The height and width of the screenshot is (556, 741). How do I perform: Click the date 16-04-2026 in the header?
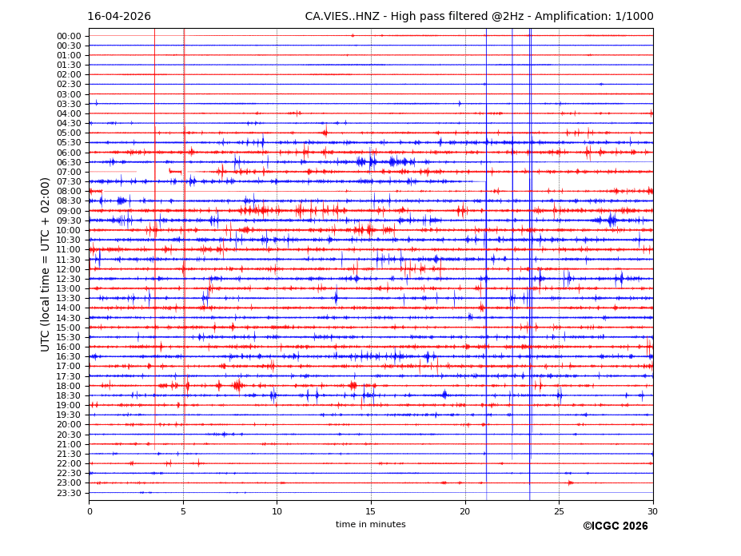tap(119, 16)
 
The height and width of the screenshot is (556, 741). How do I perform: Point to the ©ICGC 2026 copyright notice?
tap(615, 526)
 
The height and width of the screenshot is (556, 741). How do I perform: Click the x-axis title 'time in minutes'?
tap(370, 524)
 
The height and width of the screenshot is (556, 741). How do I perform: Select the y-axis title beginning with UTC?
tap(46, 264)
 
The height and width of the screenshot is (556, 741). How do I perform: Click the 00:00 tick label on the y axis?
tap(69, 36)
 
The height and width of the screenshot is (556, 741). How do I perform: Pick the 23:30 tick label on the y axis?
tap(69, 493)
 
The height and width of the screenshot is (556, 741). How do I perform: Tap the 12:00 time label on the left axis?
tap(69, 269)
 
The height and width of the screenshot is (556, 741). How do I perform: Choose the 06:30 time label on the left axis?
tap(69, 162)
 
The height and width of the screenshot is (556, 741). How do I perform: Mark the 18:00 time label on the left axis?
tap(69, 386)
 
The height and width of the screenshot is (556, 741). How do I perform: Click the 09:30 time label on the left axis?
tap(69, 220)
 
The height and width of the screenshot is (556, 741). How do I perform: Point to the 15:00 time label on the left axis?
tap(69, 328)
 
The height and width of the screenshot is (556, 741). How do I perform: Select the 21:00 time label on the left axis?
tap(69, 444)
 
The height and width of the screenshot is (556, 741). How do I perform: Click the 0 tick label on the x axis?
tap(90, 511)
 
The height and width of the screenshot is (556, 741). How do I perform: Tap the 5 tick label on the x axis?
tap(183, 511)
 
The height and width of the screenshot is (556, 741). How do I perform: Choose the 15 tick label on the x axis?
tap(371, 511)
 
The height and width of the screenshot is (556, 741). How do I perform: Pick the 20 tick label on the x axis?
tap(465, 511)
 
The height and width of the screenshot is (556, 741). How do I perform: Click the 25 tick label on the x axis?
tap(559, 511)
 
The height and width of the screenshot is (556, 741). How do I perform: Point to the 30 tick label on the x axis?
tap(652, 511)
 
